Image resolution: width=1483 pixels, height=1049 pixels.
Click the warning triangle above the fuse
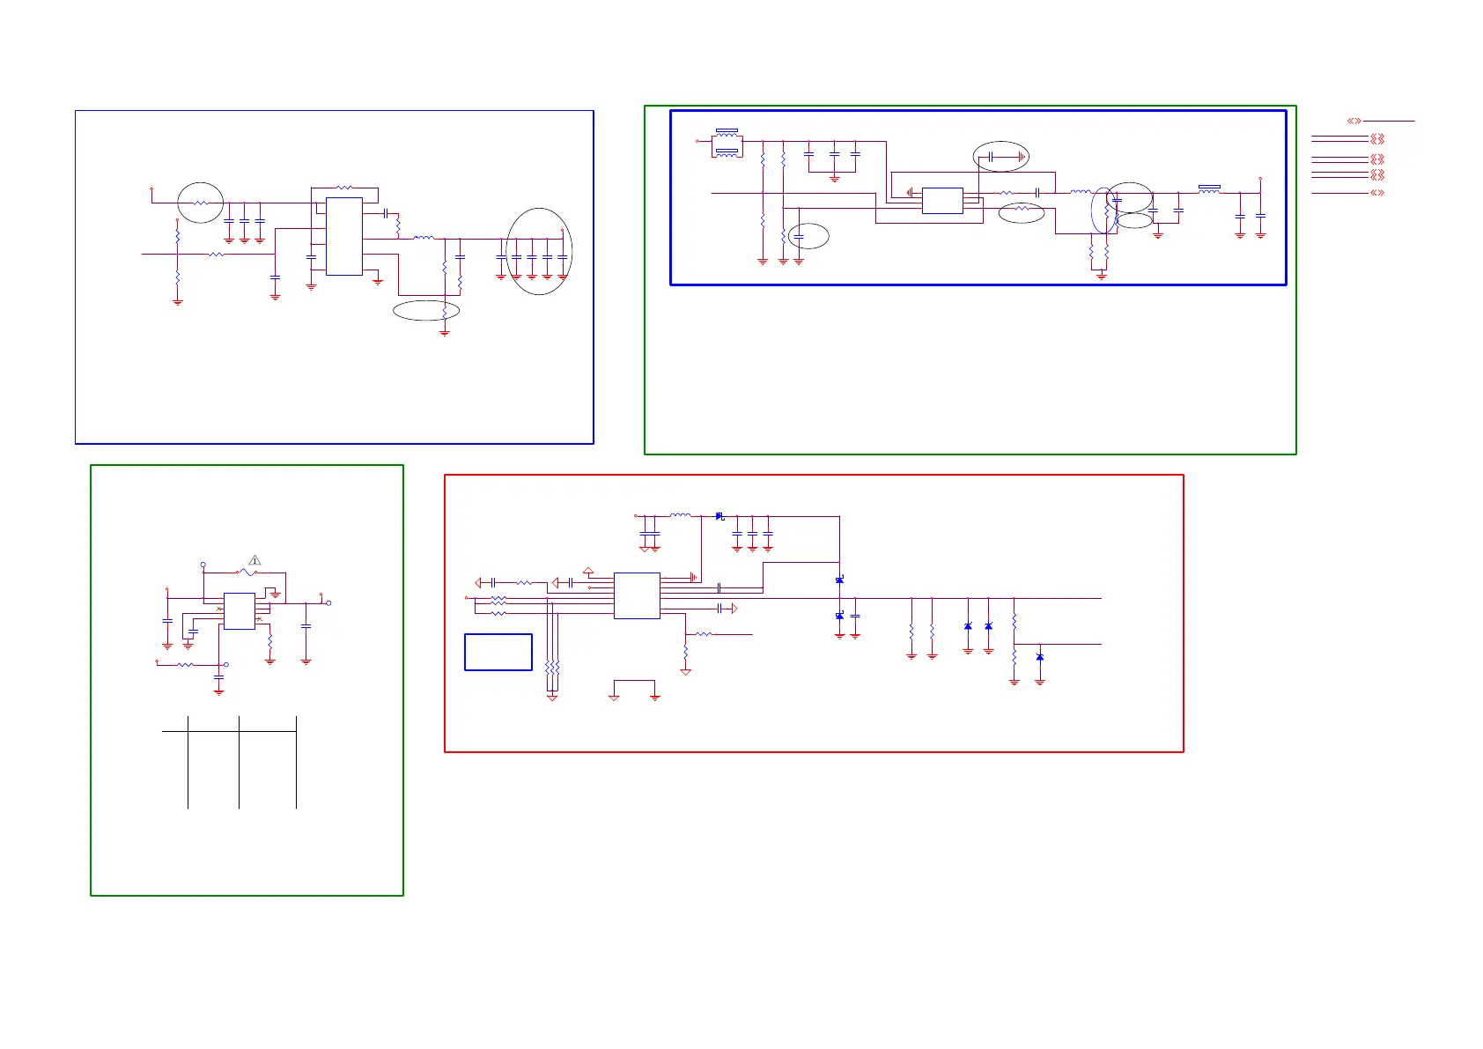point(255,560)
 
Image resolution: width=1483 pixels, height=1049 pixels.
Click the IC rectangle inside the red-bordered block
point(637,595)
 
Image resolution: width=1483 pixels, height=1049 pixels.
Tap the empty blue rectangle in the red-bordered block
point(498,652)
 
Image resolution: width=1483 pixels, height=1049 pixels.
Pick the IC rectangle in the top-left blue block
point(344,236)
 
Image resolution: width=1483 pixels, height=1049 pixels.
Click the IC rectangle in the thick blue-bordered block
point(942,200)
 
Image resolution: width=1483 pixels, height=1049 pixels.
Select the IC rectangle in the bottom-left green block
point(240,611)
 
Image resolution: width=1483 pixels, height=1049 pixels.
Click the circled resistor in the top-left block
point(201,203)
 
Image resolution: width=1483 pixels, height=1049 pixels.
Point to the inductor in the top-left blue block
point(424,238)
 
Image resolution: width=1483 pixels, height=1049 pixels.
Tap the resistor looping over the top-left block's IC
point(344,188)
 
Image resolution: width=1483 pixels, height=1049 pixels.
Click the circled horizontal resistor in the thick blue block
point(1022,209)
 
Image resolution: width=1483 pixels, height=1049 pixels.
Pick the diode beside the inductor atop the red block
point(719,516)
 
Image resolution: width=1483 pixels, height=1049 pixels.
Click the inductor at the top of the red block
point(680,515)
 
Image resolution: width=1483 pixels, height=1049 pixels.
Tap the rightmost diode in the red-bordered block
point(1040,657)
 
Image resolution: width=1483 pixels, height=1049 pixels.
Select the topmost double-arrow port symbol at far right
point(1354,121)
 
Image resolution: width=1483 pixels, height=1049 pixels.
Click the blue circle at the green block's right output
point(328,603)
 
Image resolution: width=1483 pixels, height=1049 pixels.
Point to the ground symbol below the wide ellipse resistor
point(445,333)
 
